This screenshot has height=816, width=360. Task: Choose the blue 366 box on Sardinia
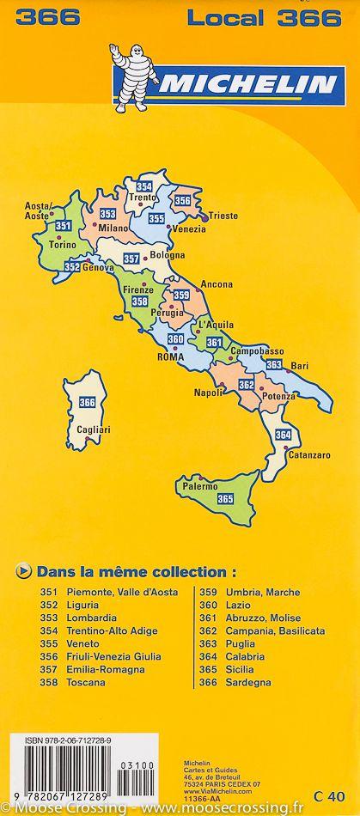coord(87,402)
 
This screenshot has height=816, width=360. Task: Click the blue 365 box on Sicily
coord(226,498)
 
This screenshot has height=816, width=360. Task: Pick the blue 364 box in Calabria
coord(283,435)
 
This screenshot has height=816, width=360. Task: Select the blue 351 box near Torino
coord(63,226)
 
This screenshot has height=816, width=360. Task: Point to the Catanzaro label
coord(308,454)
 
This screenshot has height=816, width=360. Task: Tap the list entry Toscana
coord(85,682)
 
